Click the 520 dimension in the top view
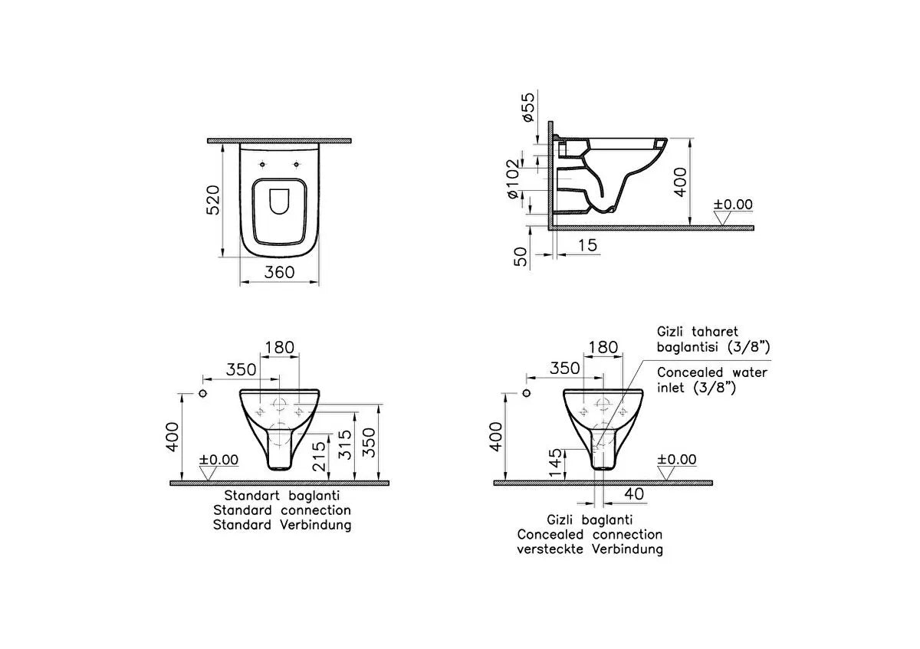click(x=213, y=200)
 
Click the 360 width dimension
click(x=279, y=272)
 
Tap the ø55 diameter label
click(x=528, y=107)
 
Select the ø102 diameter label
click(x=514, y=179)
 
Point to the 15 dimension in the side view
click(x=587, y=245)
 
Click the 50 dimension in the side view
click(x=521, y=256)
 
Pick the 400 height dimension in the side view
click(x=681, y=182)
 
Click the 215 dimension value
click(x=319, y=456)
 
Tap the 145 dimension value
click(x=555, y=463)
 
